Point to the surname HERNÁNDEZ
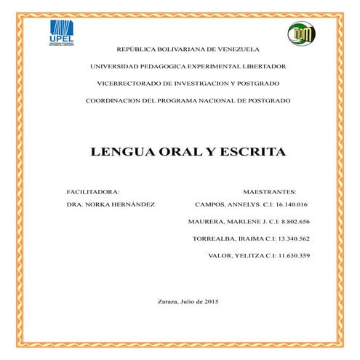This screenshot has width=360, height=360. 132,204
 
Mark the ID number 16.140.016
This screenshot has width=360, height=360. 292,204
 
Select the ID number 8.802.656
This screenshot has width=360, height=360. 294,221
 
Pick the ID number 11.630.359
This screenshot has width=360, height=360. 292,255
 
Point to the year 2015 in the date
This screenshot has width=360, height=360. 211,301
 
